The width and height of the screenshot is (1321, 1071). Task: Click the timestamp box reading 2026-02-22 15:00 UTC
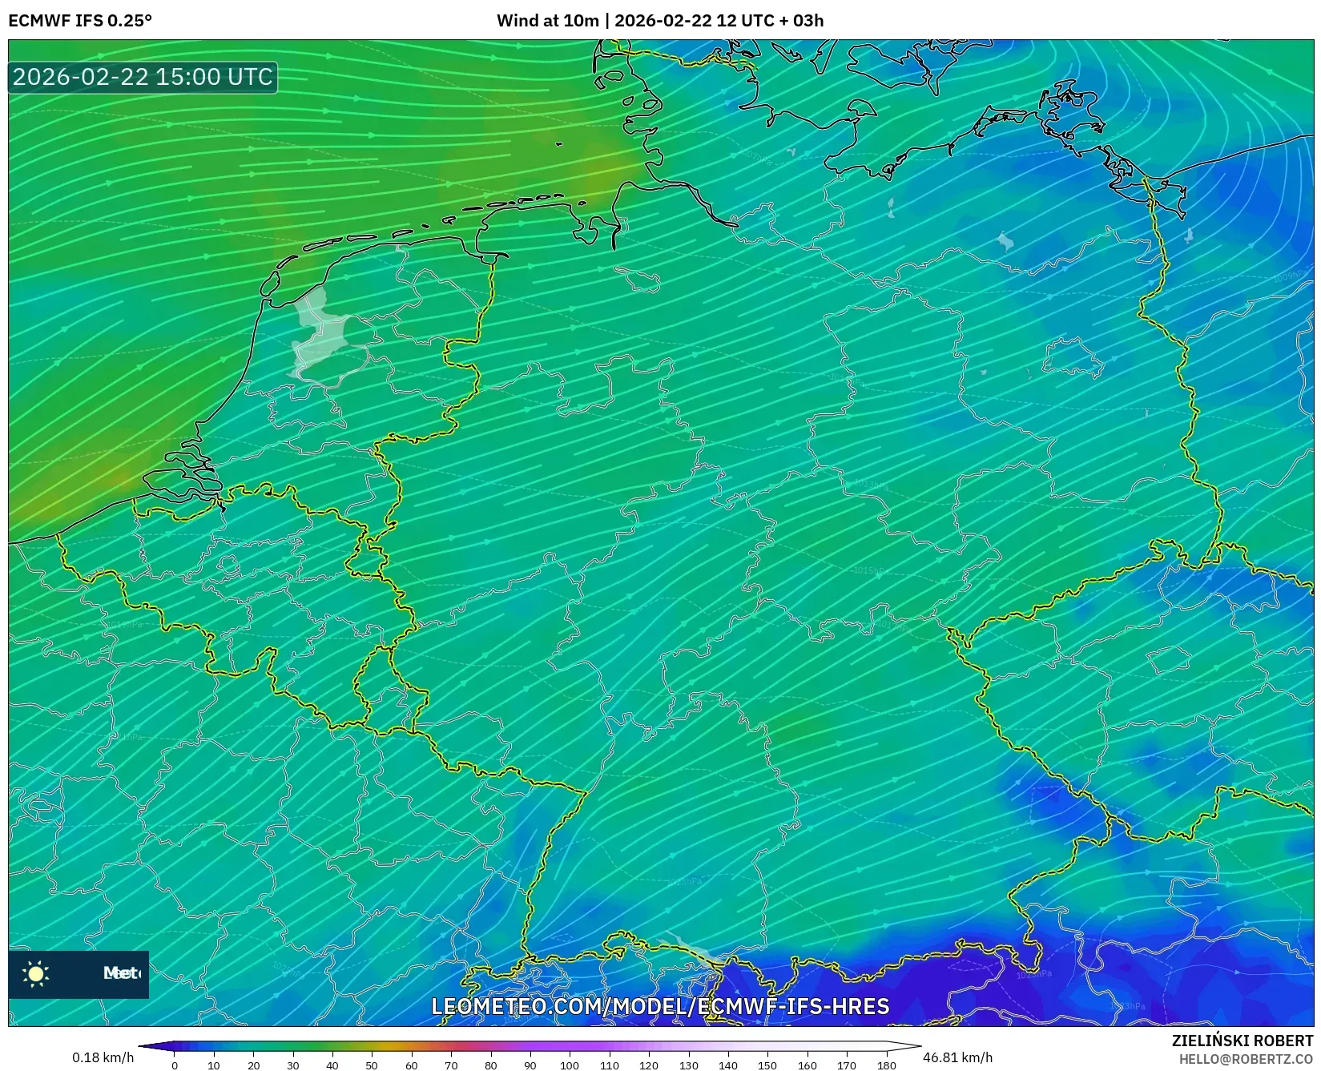pos(143,77)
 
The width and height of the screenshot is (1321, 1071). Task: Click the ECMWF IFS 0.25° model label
pos(80,21)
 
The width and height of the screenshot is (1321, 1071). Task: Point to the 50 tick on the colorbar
pos(372,1065)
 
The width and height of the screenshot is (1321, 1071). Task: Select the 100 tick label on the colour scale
pos(570,1065)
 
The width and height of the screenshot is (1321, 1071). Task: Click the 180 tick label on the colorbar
pos(886,1065)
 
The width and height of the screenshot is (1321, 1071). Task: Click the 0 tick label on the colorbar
pos(175,1065)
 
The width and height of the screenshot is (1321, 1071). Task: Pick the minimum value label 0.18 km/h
pos(103,1057)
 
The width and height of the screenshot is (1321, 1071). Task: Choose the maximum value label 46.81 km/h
pos(957,1057)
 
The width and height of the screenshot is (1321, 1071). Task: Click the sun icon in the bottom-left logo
pos(36,973)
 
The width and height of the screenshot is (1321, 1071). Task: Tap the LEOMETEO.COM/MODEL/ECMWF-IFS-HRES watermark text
pos(660,1007)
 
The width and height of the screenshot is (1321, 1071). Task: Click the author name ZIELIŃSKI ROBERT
pos(1242,1041)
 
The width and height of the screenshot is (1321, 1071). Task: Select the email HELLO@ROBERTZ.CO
pos(1246,1059)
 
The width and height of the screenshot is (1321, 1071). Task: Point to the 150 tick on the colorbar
pos(767,1065)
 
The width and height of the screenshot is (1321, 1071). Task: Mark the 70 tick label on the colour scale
pos(451,1065)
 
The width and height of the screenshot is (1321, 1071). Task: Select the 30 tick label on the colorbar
pos(293,1065)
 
